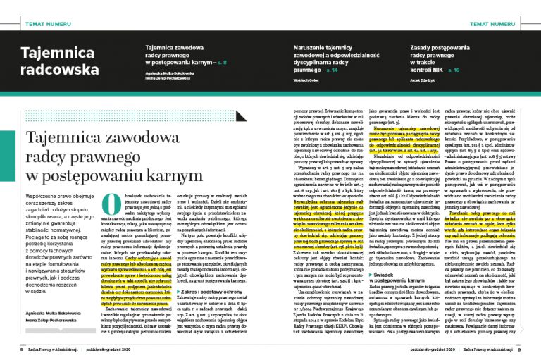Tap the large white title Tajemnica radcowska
point(59,61)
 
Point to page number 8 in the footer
point(21,349)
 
